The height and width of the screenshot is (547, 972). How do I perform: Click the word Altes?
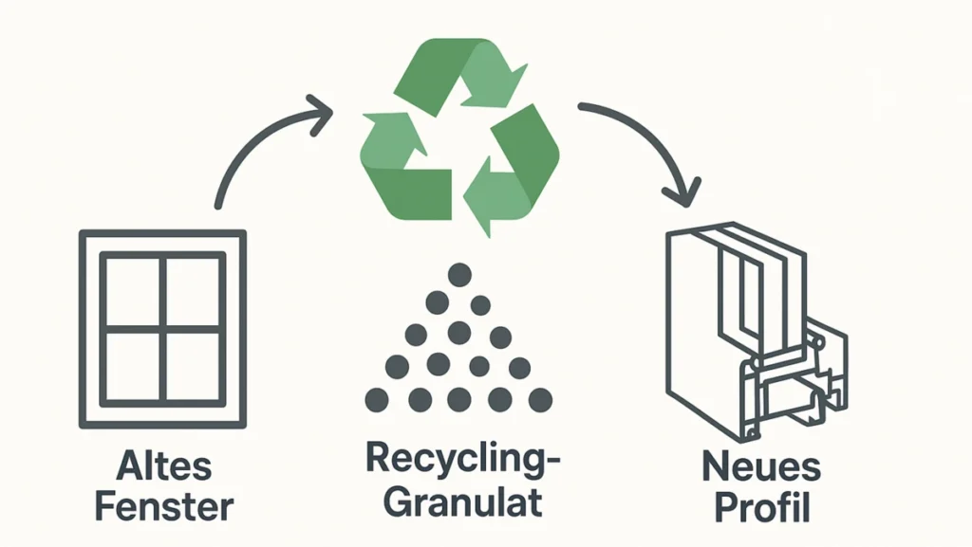163,467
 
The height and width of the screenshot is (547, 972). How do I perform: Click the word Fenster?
163,506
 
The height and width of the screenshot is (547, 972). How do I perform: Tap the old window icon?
163,328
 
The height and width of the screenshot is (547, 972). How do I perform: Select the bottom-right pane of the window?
194,365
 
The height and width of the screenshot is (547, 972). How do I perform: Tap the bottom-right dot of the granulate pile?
540,399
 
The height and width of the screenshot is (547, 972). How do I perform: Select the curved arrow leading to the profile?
645,128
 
